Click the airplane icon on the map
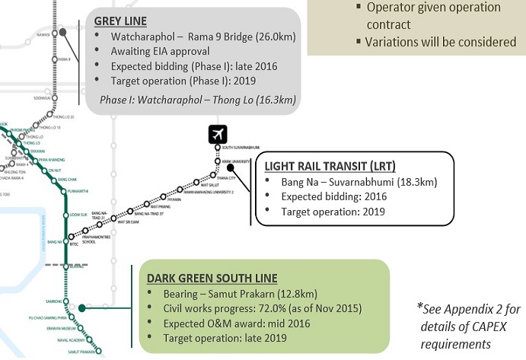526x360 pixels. tap(218, 135)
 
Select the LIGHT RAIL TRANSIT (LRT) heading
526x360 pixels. tap(330, 166)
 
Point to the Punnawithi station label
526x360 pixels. tap(81, 190)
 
